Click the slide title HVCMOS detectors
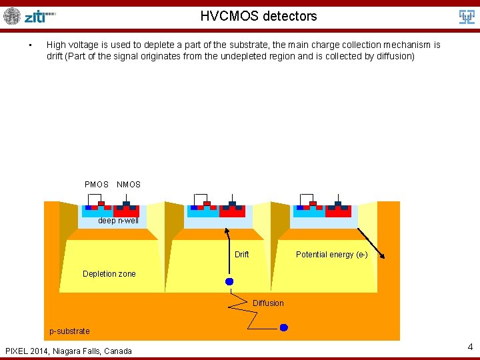tap(259, 16)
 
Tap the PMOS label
tap(97, 185)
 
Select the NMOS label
tap(129, 185)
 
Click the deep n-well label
tap(119, 221)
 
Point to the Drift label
tap(242, 255)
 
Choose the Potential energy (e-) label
tap(331, 255)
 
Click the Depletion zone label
tap(109, 274)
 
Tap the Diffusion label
tap(268, 303)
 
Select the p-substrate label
tap(70, 331)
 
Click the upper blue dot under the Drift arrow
tap(229, 281)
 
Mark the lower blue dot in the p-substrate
tap(283, 327)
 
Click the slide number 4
tap(470, 347)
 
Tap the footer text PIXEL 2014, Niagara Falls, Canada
tap(69, 351)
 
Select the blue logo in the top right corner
tap(467, 17)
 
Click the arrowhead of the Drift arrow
tap(225, 230)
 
